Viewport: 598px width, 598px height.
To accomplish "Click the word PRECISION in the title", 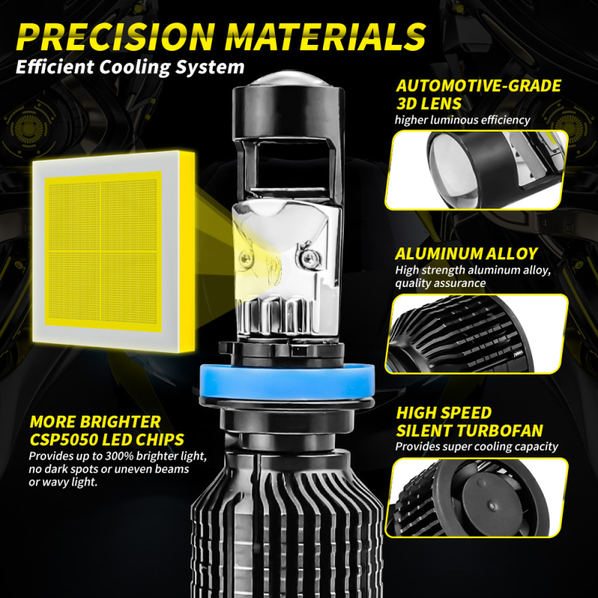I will tap(120, 35).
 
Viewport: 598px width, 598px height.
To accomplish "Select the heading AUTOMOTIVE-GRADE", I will tap(478, 85).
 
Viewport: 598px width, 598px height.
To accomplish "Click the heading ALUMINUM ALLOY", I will tap(466, 253).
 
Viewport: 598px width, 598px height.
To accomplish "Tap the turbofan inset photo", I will tap(476, 497).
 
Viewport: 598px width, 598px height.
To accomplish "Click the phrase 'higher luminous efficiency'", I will tap(463, 120).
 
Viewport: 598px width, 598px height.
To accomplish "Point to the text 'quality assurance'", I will tap(441, 283).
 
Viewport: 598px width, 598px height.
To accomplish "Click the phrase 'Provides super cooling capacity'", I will tap(477, 446).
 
